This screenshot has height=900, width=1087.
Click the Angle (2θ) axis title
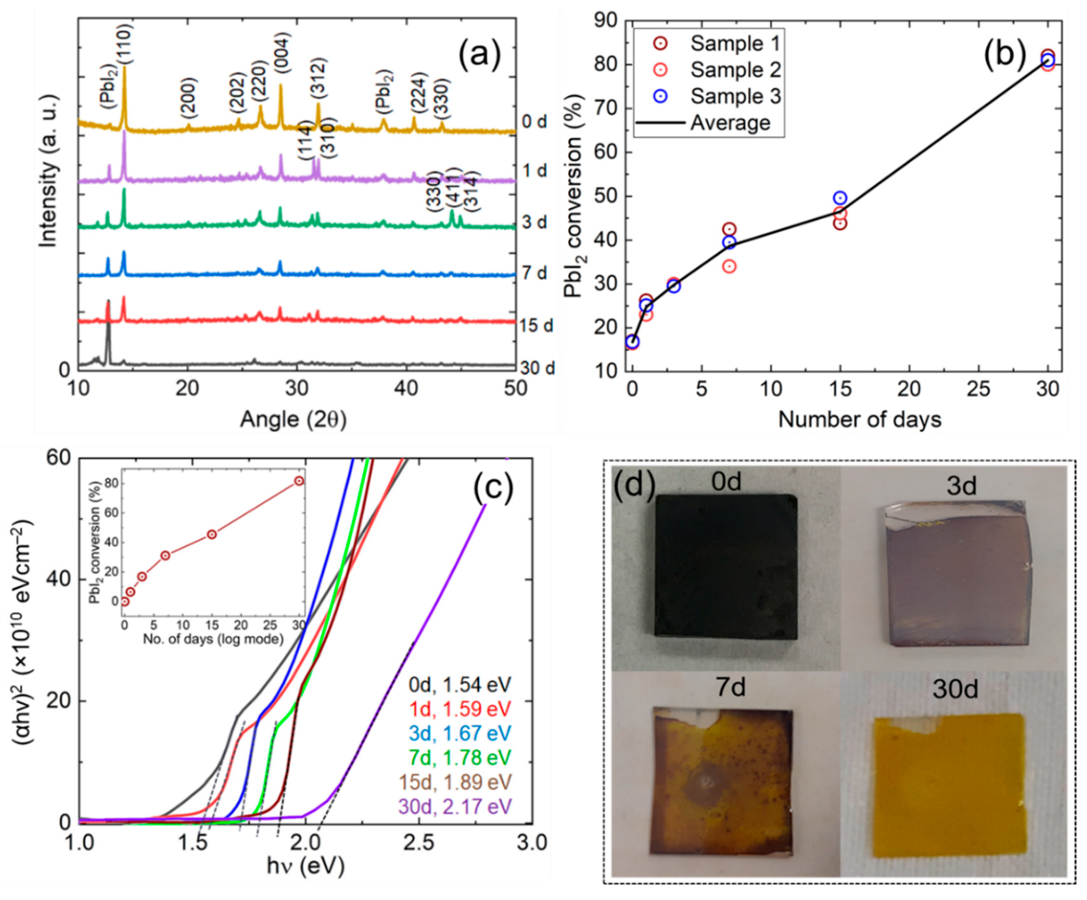293,419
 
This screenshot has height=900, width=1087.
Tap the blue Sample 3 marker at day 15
840,198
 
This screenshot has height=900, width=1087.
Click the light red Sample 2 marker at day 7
729,267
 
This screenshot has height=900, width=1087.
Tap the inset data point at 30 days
299,481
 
